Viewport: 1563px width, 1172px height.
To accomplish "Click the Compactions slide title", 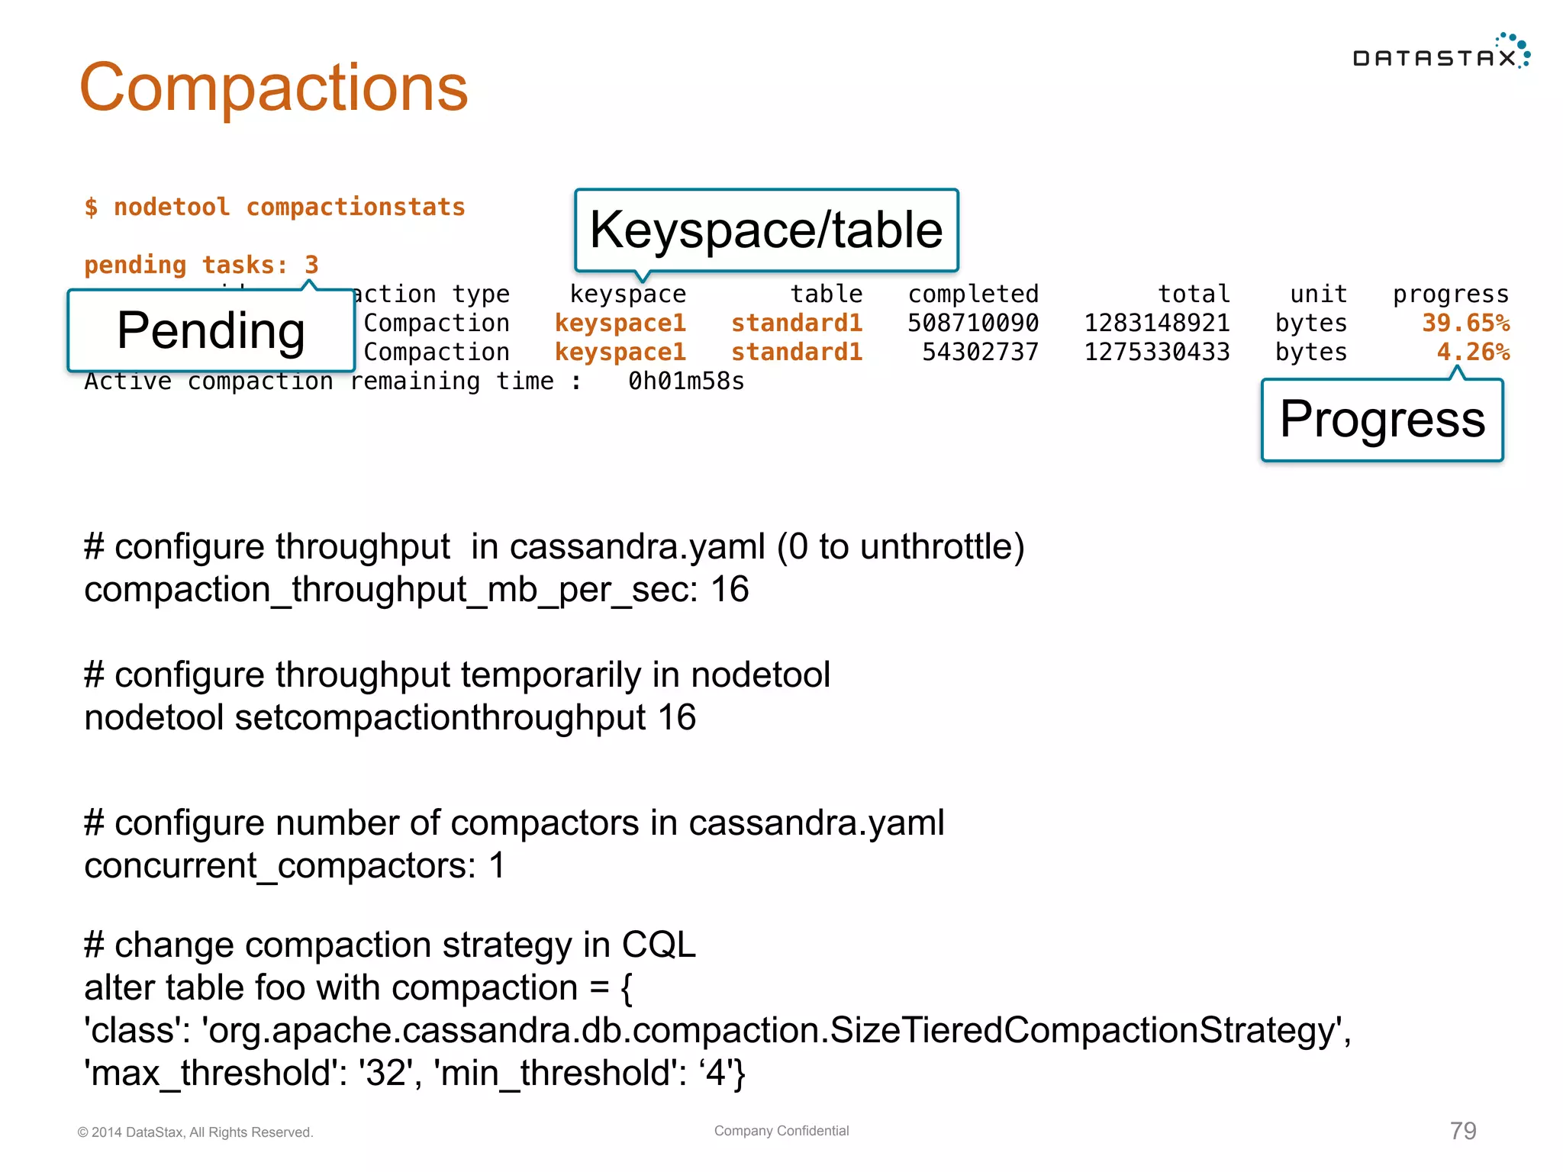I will (273, 89).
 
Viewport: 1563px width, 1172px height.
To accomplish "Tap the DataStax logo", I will (1441, 53).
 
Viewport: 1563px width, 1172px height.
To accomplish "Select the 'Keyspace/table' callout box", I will (766, 230).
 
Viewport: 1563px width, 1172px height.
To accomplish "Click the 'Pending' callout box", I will (211, 330).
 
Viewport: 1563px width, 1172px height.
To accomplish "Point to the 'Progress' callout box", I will (1382, 420).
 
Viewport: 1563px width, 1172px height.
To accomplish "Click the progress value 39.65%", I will (1465, 324).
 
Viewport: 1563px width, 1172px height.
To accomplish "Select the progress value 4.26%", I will (1473, 353).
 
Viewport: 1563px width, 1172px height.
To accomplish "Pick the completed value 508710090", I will (972, 324).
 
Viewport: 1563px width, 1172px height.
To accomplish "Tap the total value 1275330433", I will (1157, 353).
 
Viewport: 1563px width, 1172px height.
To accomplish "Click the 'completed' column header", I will (973, 295).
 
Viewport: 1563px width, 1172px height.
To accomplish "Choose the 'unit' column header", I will (1318, 295).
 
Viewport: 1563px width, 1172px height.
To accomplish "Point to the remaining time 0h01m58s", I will (685, 382).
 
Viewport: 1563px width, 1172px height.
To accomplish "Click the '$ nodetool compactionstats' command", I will (275, 208).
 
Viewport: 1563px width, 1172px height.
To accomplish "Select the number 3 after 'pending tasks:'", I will (311, 266).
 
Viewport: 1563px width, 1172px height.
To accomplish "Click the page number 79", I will (1463, 1131).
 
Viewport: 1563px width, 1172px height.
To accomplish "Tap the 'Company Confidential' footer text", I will (781, 1131).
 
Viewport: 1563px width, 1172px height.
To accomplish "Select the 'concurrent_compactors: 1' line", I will (295, 866).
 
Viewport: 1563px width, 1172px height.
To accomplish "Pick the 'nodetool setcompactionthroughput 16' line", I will (390, 718).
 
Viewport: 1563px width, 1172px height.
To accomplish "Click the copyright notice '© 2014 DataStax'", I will (195, 1132).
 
